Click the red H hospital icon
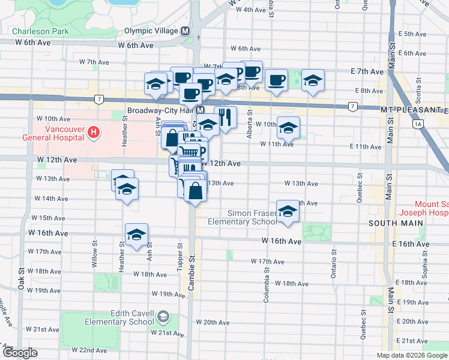pos(94,132)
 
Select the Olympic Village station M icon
pos(185,31)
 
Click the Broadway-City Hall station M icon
pos(202,111)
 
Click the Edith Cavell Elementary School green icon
pos(162,316)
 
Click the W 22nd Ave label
pos(89,350)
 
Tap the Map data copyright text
pos(412,355)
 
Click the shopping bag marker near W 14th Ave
pos(196,191)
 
